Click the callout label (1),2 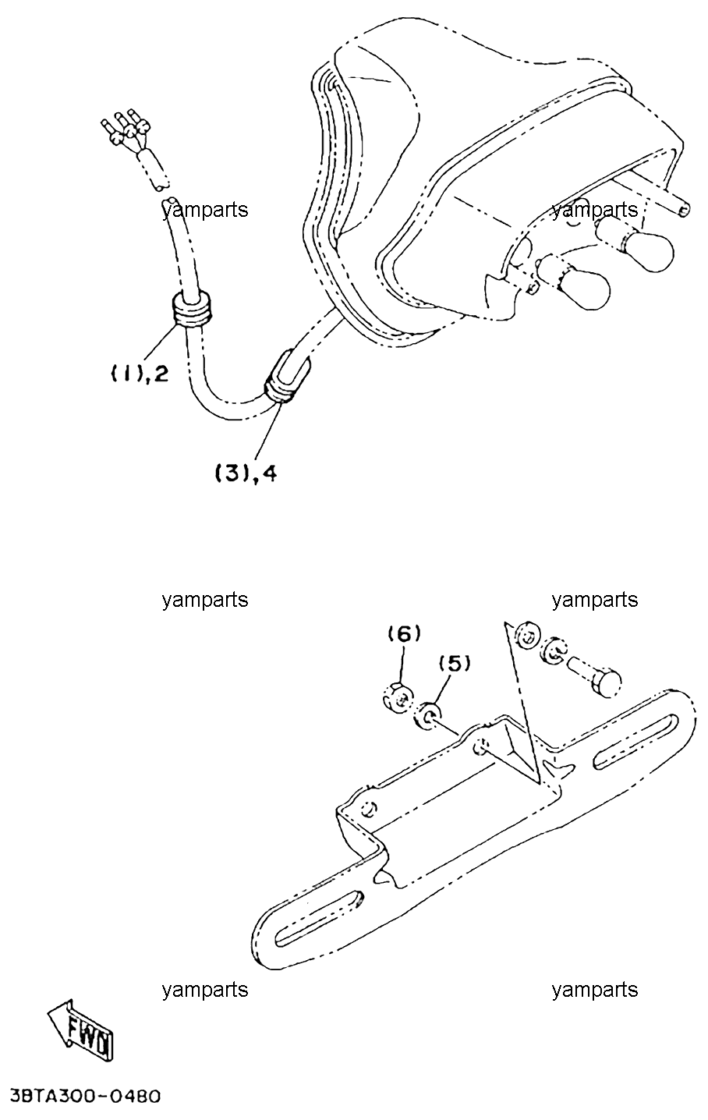click(x=139, y=373)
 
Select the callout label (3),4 click(x=246, y=473)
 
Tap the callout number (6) click(x=405, y=634)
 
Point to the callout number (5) click(x=455, y=664)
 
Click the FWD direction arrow click(x=82, y=1030)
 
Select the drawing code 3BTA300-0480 click(x=84, y=1097)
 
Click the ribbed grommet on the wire click(x=192, y=310)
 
